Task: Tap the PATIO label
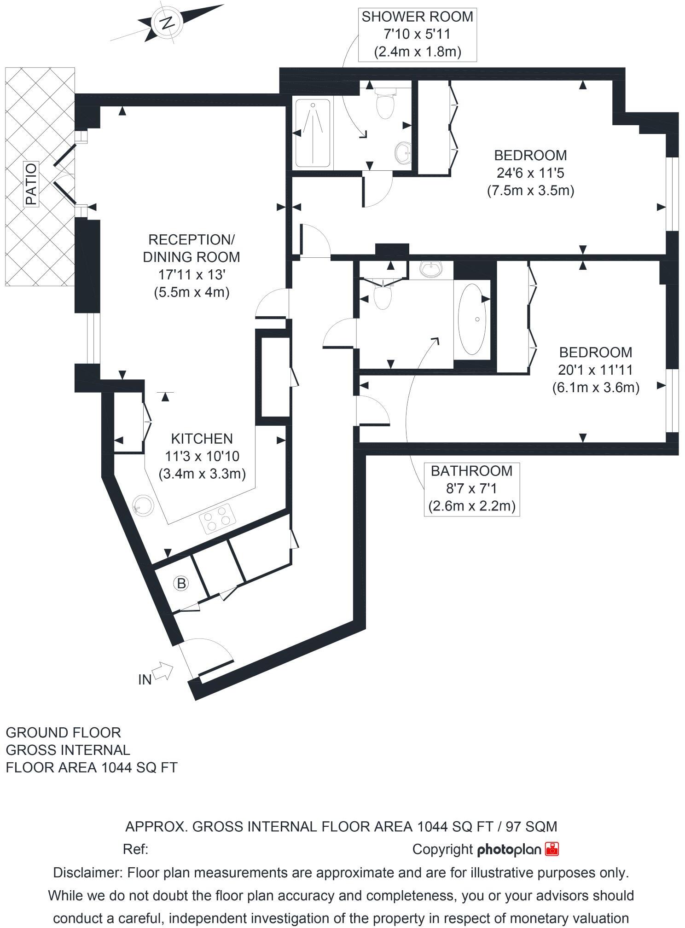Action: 31,184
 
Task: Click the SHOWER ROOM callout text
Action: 417,17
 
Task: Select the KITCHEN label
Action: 202,438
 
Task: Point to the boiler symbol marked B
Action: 181,584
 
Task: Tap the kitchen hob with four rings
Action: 218,518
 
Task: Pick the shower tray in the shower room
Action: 313,133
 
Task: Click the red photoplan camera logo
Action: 552,849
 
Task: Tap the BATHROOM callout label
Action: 471,471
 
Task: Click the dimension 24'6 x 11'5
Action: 530,173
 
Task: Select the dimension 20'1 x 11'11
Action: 596,370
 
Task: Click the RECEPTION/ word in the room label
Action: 192,239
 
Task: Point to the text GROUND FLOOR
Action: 63,732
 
